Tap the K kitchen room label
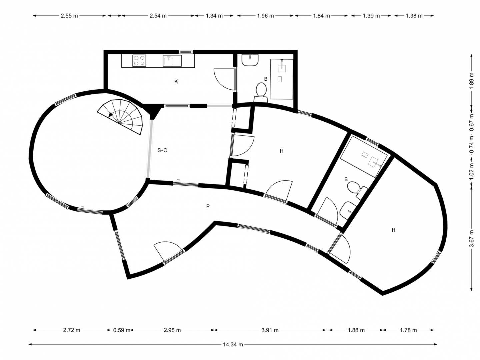point(176,82)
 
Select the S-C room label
point(162,150)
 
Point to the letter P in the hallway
point(208,206)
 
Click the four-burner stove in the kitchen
point(139,61)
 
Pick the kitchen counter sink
point(172,61)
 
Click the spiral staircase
point(120,116)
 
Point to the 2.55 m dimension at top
point(69,16)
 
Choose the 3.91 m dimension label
point(270,330)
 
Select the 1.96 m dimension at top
point(265,16)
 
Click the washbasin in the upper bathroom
point(250,60)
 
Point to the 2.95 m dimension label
point(172,330)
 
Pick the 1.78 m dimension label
point(408,330)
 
